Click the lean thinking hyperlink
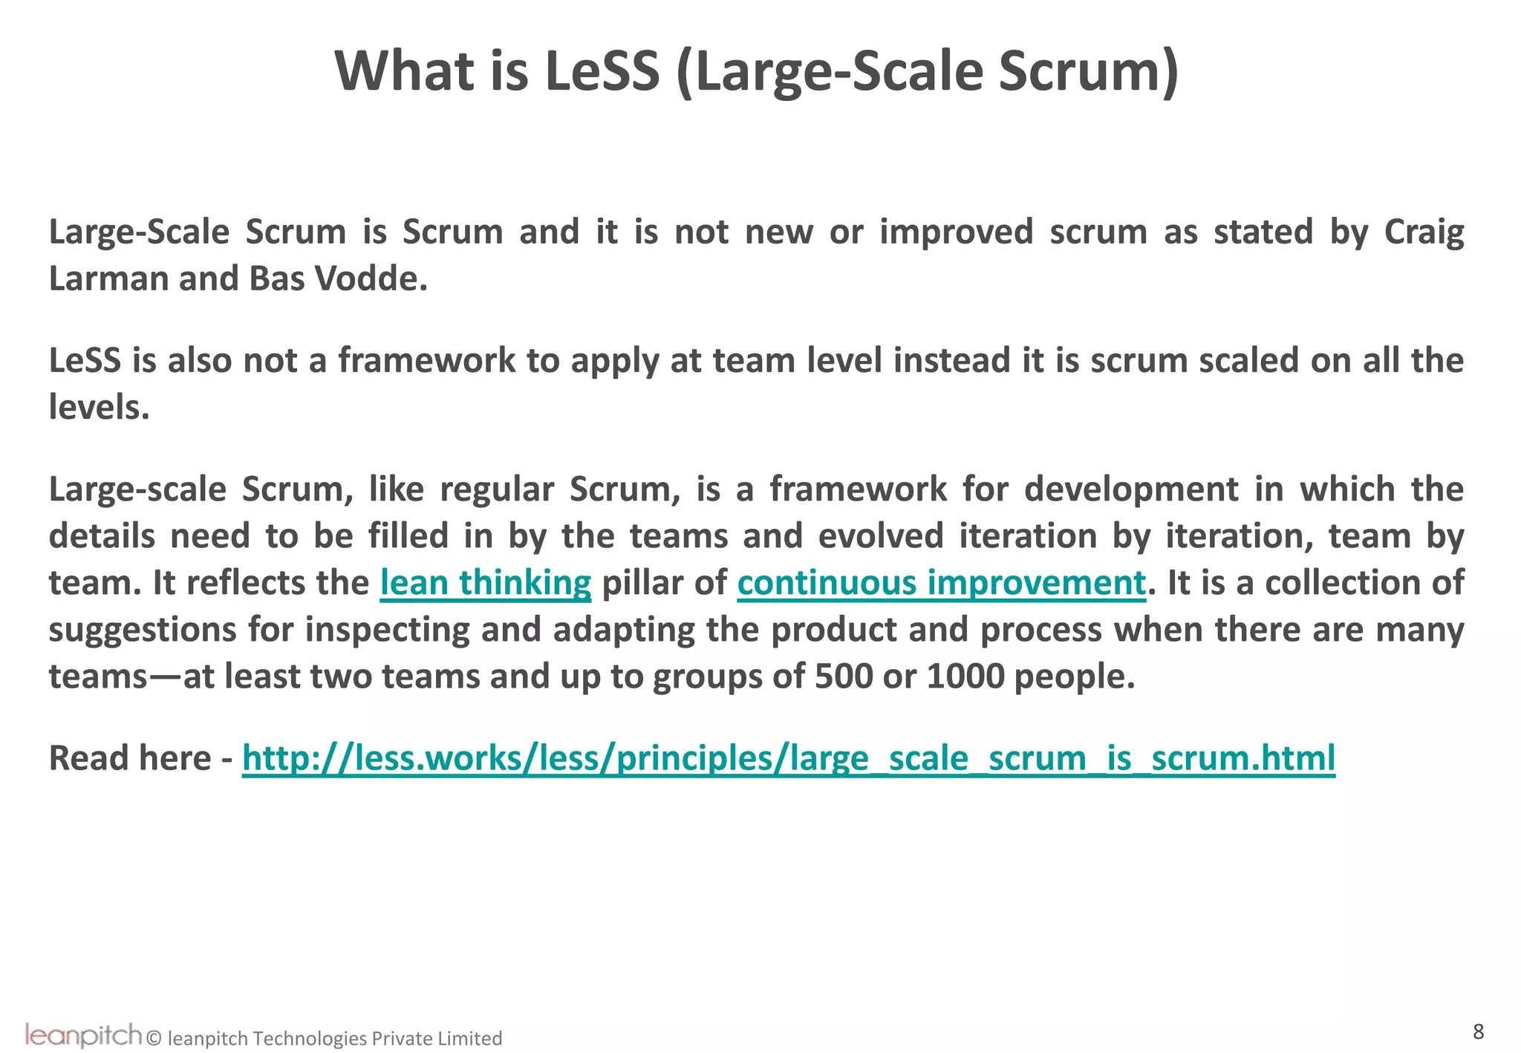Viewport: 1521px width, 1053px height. [x=486, y=583]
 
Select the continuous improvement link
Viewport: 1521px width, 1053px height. [x=941, y=583]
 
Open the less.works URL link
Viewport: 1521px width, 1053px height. [x=788, y=758]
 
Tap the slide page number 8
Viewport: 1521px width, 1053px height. [x=1478, y=1031]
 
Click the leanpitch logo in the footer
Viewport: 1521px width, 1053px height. [x=82, y=1035]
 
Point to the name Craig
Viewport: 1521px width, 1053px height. [x=1424, y=232]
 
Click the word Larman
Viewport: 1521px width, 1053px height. [x=108, y=279]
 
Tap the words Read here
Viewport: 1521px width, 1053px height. [x=131, y=758]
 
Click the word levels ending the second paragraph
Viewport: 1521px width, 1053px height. [x=99, y=408]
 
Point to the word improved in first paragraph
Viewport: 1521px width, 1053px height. [x=956, y=232]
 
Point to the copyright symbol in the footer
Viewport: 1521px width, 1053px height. [x=154, y=1038]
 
